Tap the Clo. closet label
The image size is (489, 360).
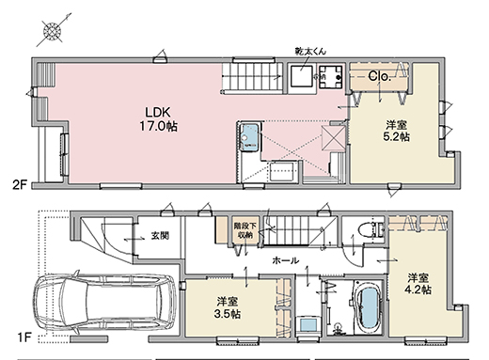tap(380, 75)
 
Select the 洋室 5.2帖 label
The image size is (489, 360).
tap(395, 129)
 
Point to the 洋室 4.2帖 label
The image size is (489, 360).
tap(419, 284)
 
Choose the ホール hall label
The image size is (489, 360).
tap(284, 259)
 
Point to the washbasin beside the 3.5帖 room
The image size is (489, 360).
tap(307, 322)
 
